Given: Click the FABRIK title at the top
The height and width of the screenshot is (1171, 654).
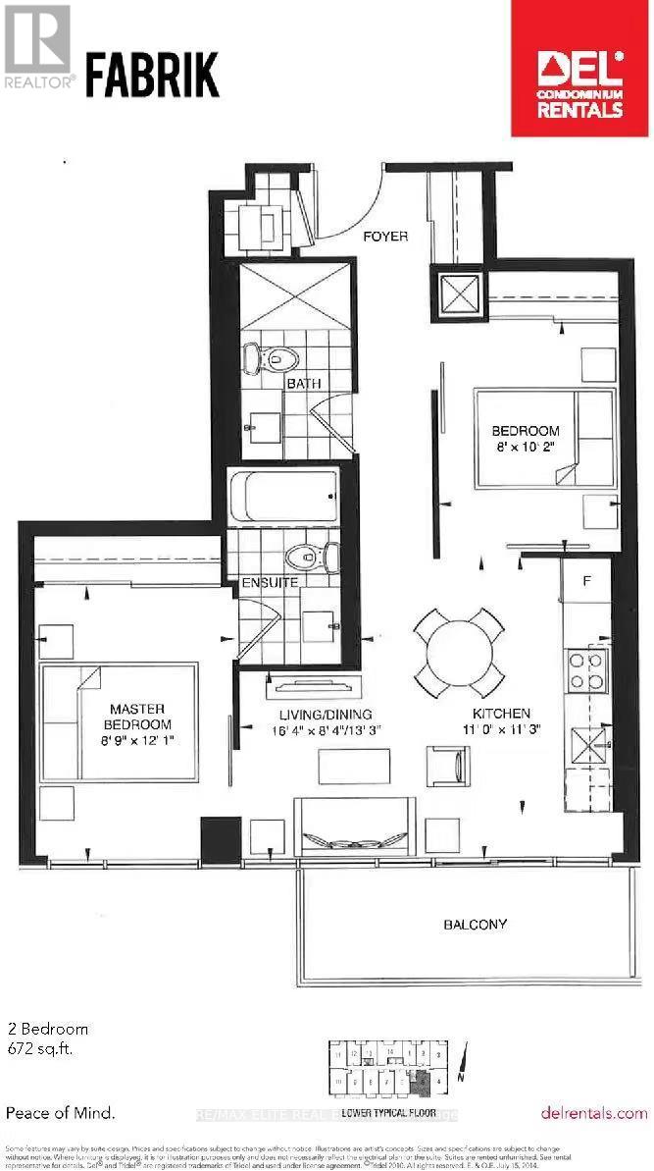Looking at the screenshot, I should click(152, 76).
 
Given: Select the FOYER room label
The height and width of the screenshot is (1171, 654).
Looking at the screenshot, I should click(385, 237).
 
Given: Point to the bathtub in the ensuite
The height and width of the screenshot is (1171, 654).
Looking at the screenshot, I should click(283, 498).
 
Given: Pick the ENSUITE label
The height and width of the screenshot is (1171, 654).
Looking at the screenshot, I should click(271, 583).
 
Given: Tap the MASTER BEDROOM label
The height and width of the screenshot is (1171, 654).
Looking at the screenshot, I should click(137, 716).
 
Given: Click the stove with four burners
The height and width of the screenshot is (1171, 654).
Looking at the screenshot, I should click(587, 670).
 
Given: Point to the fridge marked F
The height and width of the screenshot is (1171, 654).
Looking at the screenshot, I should click(586, 581).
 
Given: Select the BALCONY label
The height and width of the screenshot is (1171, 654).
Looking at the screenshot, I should click(475, 924).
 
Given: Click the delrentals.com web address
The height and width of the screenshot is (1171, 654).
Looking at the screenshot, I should click(593, 1113).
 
